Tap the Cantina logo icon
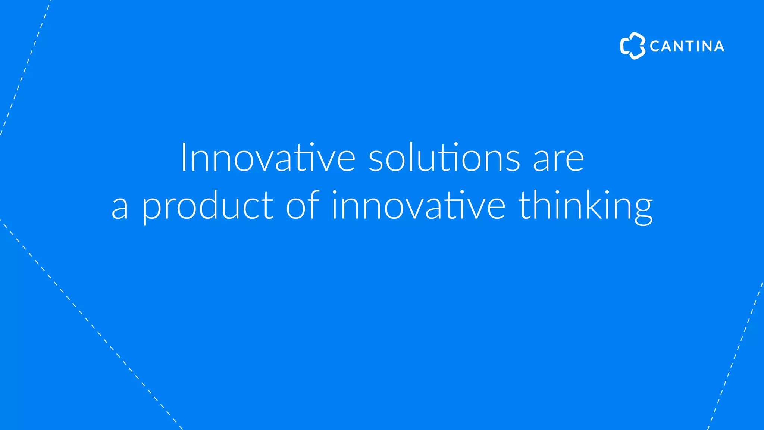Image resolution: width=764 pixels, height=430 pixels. coord(632,46)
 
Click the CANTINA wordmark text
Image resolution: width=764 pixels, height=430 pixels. coord(687,46)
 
